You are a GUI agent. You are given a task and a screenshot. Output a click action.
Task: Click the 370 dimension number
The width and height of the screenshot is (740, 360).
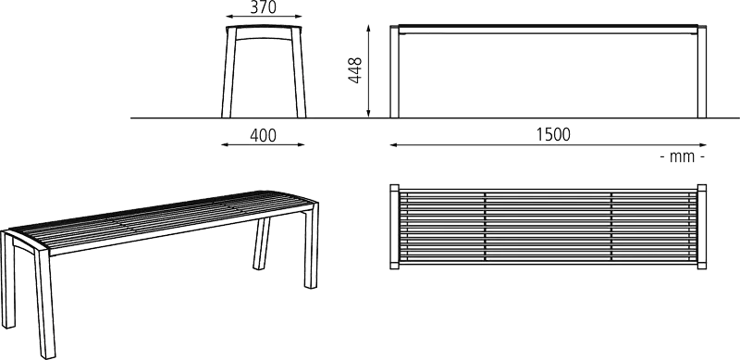tap(263, 7)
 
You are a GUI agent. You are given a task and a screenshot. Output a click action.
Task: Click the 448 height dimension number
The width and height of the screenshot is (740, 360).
tap(355, 70)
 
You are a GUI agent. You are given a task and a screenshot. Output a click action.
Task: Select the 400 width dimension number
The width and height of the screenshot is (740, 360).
tap(263, 136)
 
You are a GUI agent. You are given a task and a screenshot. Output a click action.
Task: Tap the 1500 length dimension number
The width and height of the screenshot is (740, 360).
tap(553, 135)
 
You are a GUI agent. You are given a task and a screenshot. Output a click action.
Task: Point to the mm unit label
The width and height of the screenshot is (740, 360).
tap(683, 157)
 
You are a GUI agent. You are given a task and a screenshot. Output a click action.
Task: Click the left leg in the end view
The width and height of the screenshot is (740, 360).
tap(228, 72)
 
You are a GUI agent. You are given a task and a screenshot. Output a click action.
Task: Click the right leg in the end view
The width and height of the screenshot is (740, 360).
tap(299, 72)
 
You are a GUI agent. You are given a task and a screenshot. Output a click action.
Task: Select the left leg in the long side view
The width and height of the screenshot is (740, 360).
tap(395, 71)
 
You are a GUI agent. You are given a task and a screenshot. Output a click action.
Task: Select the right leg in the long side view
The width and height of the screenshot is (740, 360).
tap(702, 71)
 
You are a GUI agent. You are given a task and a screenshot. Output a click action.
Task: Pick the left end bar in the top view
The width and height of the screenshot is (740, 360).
tap(395, 227)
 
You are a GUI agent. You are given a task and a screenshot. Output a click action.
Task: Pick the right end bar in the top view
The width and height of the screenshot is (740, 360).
tap(702, 227)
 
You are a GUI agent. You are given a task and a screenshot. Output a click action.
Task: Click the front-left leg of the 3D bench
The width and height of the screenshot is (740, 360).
tap(44, 303)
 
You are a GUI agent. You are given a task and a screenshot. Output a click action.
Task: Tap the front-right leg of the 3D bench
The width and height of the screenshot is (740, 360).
tap(312, 245)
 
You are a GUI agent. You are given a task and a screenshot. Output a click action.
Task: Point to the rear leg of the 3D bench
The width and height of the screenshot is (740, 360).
tap(262, 243)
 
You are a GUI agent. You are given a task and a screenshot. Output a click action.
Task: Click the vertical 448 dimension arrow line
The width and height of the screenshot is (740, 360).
tap(368, 71)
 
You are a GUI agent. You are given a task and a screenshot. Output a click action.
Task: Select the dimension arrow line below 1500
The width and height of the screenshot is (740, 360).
tap(548, 145)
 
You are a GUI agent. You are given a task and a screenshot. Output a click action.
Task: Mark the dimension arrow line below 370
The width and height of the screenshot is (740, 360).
tap(264, 16)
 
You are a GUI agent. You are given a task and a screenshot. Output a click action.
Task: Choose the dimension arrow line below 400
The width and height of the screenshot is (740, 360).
tap(263, 144)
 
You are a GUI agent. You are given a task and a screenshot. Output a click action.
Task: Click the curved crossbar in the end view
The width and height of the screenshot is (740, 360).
tap(264, 35)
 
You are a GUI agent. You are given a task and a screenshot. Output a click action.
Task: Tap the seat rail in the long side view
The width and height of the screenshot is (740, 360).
tap(548, 30)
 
